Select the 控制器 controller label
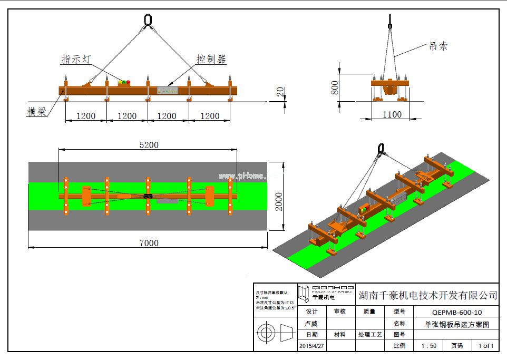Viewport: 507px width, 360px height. tap(212, 60)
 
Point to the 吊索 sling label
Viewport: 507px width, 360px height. tap(438, 46)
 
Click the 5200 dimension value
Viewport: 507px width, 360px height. tap(148, 145)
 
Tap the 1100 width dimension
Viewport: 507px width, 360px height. tap(392, 114)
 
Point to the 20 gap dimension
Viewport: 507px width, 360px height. tap(280, 92)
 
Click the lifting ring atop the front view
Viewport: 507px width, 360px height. tap(148, 21)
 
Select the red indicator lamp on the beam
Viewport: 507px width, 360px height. tap(128, 82)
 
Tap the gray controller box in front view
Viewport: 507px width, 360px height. tap(167, 90)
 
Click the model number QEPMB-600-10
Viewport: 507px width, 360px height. tap(456, 312)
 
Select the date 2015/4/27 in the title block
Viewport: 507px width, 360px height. tap(311, 346)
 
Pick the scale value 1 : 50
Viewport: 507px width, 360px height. tap(428, 346)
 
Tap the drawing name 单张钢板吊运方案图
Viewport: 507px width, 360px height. tap(456, 324)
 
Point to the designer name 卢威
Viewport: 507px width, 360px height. tap(311, 324)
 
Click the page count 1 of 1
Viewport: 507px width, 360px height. tap(485, 346)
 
